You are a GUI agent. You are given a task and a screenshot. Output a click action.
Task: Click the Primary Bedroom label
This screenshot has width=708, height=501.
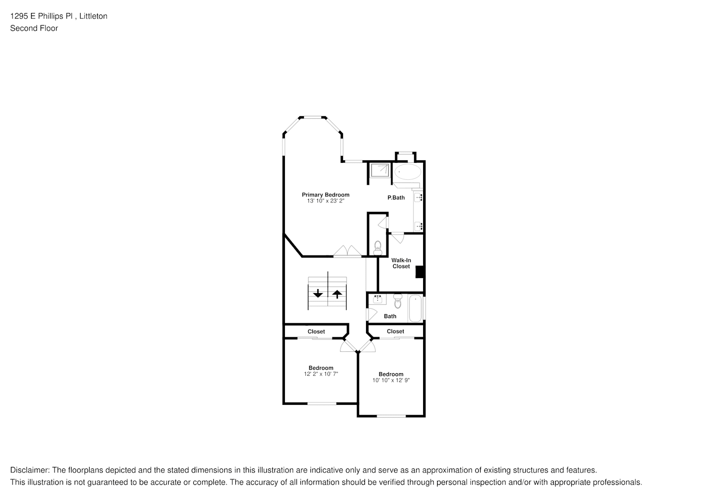[x=325, y=195]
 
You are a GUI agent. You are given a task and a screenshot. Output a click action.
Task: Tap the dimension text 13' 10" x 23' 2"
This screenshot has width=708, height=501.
[x=325, y=201]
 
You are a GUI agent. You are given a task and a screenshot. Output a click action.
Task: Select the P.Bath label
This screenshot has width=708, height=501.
[x=396, y=198]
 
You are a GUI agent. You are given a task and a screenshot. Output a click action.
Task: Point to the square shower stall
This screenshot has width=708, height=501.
[x=379, y=171]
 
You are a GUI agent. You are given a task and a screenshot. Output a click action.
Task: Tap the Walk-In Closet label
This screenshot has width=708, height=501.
[x=401, y=264]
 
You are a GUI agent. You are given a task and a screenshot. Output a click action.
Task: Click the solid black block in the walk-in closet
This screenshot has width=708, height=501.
[x=421, y=272]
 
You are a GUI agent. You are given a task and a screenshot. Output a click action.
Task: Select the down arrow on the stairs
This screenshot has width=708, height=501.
[x=317, y=294]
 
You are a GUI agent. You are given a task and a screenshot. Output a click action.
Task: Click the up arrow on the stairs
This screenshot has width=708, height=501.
[x=337, y=294]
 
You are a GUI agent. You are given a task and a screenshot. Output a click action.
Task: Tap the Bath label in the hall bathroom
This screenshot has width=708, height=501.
[x=390, y=316]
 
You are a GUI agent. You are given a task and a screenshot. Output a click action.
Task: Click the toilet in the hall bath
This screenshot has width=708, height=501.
[x=398, y=302]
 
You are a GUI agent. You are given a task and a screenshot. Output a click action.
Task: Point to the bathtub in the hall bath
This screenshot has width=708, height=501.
[x=415, y=309]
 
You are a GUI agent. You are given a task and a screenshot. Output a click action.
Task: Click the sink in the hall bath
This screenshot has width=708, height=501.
[x=377, y=300]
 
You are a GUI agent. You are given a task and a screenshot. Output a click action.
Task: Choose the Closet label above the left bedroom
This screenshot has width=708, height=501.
[x=316, y=332]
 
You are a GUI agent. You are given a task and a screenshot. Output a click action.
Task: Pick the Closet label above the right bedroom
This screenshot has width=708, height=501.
[x=396, y=331]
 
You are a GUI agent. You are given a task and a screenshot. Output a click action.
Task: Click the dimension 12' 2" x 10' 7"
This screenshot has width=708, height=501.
[x=321, y=374]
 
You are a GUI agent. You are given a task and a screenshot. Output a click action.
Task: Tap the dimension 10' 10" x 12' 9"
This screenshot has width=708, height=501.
[x=391, y=380]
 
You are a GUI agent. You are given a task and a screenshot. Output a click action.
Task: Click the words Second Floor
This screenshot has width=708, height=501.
[x=34, y=29]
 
